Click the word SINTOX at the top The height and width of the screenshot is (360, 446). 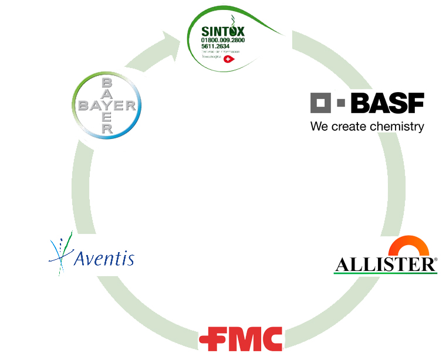click(x=223, y=32)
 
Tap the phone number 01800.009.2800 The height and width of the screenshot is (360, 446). click(x=223, y=40)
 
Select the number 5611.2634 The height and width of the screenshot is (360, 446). click(x=215, y=46)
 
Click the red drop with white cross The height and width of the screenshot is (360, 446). click(x=229, y=59)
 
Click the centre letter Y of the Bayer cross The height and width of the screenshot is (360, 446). click(x=107, y=106)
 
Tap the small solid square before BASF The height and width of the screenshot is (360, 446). click(x=341, y=104)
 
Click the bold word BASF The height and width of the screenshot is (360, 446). click(x=387, y=103)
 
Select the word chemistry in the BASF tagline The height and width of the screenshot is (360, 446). click(x=397, y=127)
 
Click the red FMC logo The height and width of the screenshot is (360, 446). click(x=241, y=339)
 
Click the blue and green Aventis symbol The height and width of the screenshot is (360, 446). click(x=61, y=253)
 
